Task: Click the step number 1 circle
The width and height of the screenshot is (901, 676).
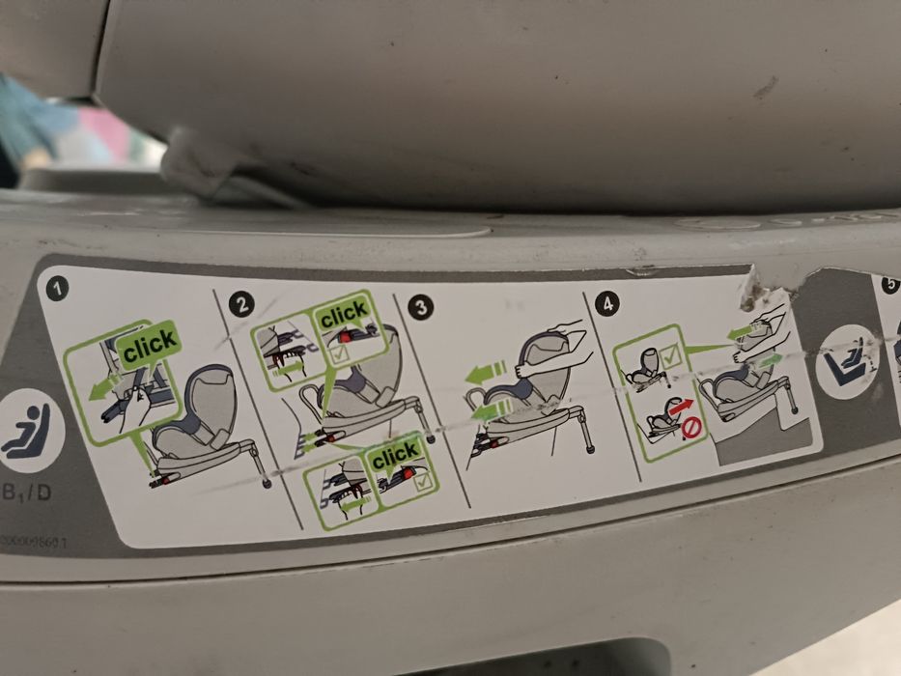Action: coord(60,289)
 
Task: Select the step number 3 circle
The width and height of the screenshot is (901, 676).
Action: coord(420,308)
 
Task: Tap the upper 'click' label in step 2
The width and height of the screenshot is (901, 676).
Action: coord(344,315)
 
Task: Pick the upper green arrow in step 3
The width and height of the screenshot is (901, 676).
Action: coord(487,370)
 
